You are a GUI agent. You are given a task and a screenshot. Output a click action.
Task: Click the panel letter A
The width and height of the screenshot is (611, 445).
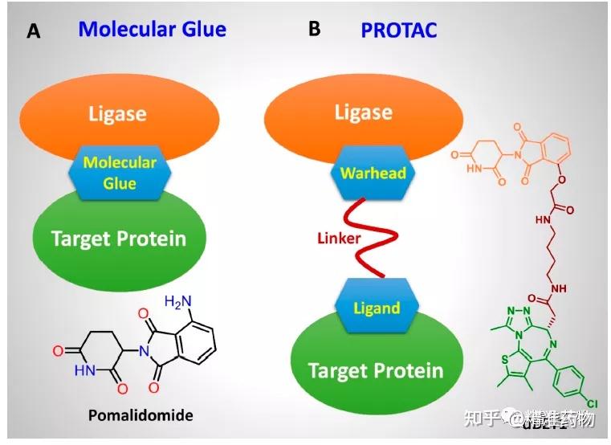33,31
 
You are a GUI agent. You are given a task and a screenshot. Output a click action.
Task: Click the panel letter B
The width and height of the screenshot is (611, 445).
314,29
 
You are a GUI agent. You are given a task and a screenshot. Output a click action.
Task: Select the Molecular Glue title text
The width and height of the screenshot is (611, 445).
152,30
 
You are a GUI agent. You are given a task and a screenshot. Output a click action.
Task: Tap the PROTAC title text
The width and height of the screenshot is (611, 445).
399,31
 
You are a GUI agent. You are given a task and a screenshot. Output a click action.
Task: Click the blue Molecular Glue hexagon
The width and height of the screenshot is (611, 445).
120,173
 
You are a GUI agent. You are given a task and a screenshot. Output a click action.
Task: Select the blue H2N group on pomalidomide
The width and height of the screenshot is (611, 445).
179,302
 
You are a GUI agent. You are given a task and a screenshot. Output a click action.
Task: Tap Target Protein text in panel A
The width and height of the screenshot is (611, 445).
118,238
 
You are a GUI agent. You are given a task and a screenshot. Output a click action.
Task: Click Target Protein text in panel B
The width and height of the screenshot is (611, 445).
376,369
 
